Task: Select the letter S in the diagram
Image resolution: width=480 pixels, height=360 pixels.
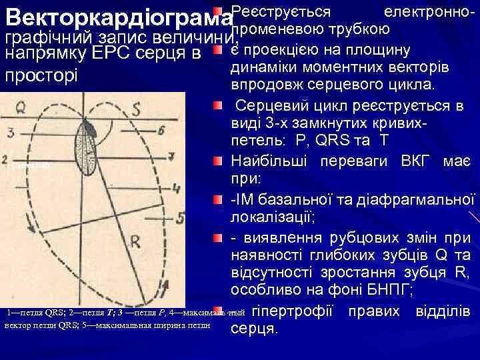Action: coord(135,109)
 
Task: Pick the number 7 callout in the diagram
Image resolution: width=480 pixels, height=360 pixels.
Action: coord(171,157)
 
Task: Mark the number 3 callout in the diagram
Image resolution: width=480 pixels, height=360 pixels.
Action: coord(11,133)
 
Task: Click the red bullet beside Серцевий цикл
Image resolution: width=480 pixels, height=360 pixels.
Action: coord(217,107)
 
